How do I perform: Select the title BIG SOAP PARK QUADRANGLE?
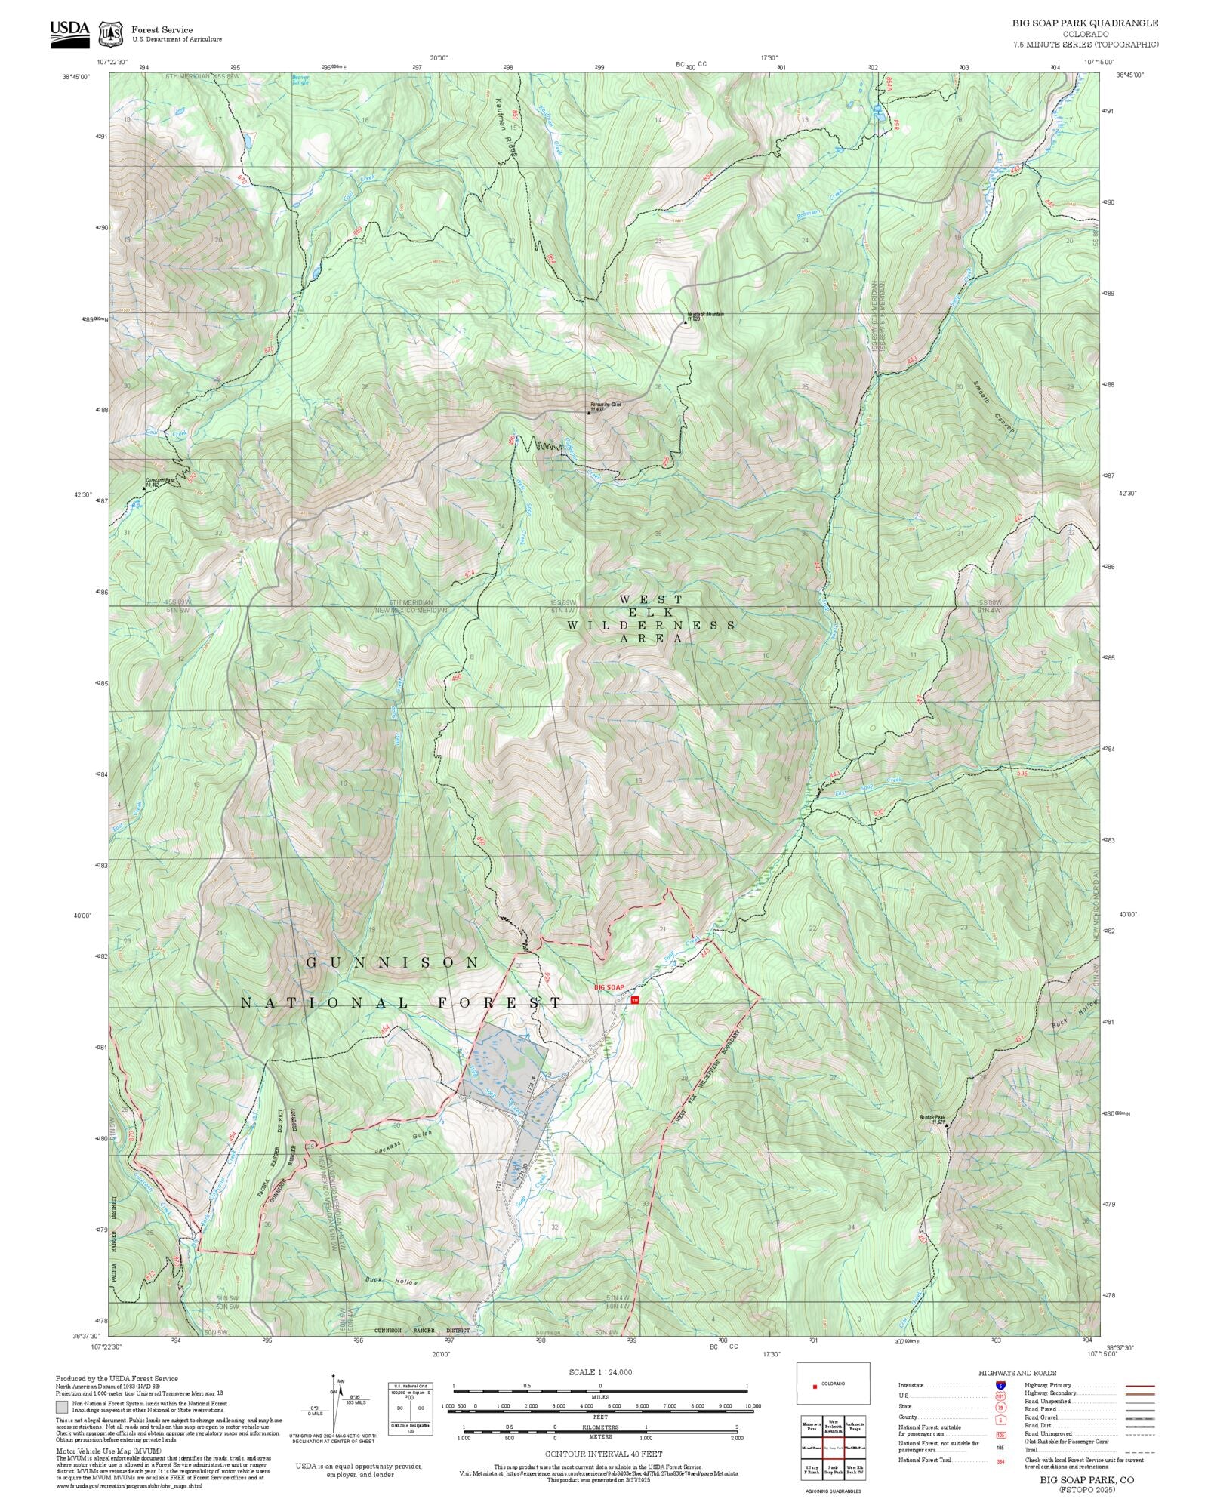pos(1085,23)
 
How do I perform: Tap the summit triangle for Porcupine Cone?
pos(589,413)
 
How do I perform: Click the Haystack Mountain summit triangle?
pos(686,322)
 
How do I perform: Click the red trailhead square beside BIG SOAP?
pos(634,1000)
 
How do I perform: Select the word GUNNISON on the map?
pos(393,962)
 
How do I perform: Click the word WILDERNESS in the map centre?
pos(651,626)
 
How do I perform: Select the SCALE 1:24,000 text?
pos(600,1372)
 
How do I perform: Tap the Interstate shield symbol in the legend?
pos(1000,1386)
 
